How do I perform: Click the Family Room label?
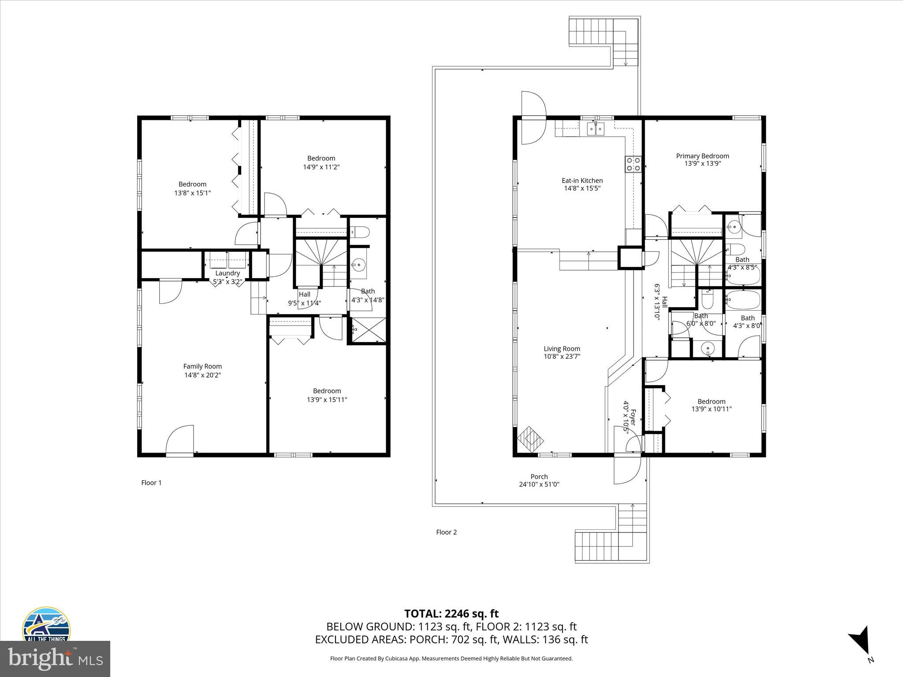coord(202,366)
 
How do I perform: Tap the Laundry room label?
coord(228,273)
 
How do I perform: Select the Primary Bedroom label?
coord(702,156)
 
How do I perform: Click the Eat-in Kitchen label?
coord(582,181)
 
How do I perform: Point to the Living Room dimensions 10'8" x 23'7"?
coord(562,357)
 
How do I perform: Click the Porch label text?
coord(539,476)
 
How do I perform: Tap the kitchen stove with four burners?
coord(633,164)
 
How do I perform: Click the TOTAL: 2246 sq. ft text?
coord(451,614)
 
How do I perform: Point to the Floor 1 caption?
coord(151,483)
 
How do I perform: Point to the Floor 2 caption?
coord(446,532)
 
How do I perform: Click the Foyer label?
coord(633,417)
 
